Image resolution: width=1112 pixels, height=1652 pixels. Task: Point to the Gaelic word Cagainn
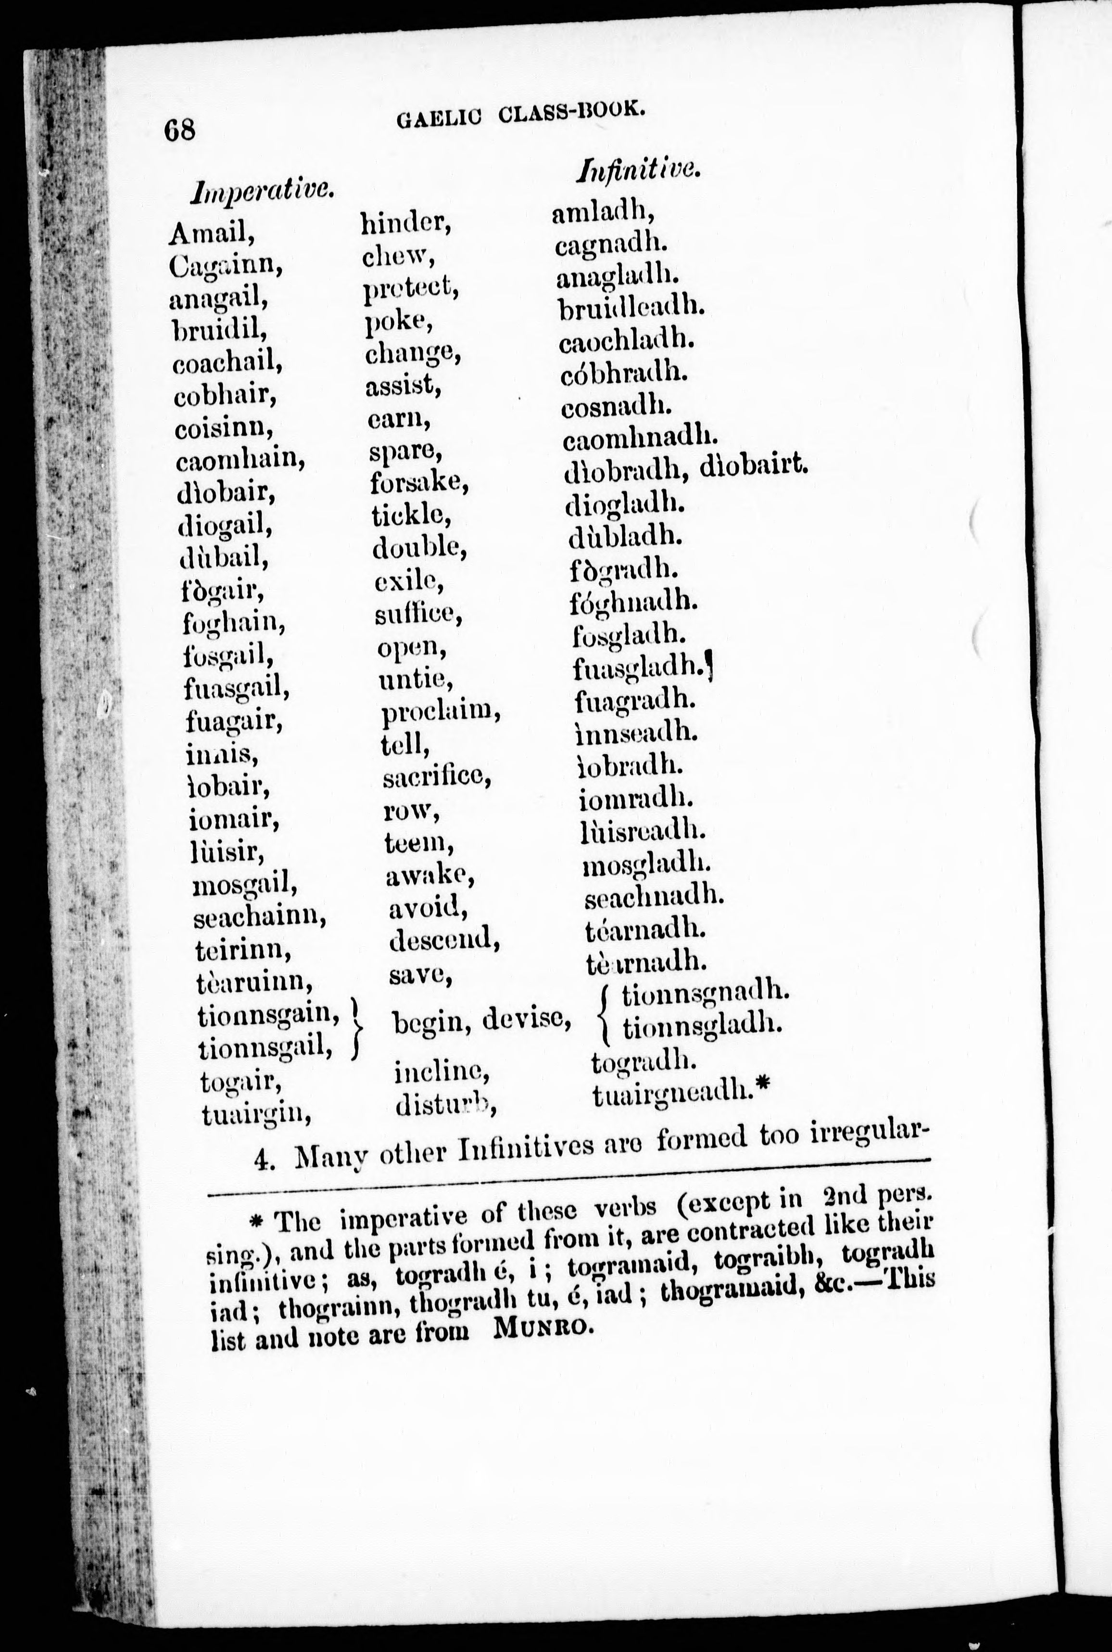(x=226, y=266)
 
